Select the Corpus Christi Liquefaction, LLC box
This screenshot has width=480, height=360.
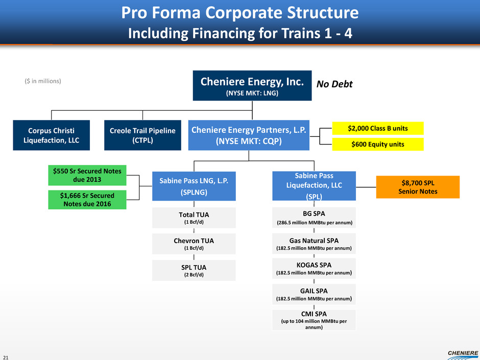click(52, 135)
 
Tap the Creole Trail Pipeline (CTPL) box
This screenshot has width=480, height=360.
click(142, 135)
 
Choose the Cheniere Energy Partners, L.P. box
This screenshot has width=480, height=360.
click(249, 135)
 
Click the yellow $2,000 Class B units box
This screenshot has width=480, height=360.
click(378, 128)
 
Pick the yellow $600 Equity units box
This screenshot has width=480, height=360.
click(378, 145)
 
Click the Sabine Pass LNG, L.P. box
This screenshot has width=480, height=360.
click(194, 186)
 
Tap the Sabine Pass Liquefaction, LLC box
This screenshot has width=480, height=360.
click(314, 186)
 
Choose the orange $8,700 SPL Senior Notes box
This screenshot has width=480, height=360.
click(418, 187)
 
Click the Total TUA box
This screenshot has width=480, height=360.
click(194, 218)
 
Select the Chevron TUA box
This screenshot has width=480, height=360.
click(194, 244)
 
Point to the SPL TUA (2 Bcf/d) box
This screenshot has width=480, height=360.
click(194, 271)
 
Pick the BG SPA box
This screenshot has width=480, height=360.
click(314, 218)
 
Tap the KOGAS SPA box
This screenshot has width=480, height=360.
click(314, 269)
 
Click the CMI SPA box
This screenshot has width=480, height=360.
click(314, 320)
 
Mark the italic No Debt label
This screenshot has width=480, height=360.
click(335, 84)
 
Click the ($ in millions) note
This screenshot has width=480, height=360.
click(43, 81)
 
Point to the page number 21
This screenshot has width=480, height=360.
click(6, 356)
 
